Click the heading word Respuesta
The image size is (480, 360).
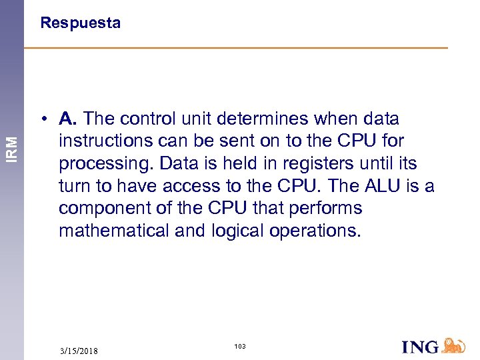click(x=80, y=23)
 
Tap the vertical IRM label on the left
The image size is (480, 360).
click(x=12, y=147)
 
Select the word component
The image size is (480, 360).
click(x=103, y=209)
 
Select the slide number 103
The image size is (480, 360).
click(x=240, y=346)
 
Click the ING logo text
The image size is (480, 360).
click(x=420, y=347)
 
